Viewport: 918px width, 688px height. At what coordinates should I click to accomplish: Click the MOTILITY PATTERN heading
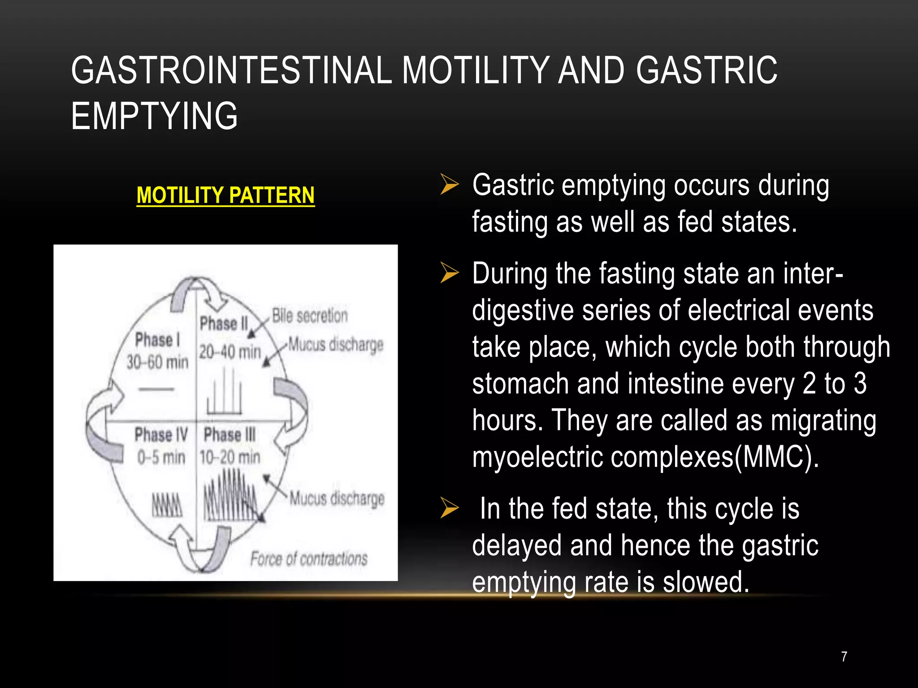(225, 195)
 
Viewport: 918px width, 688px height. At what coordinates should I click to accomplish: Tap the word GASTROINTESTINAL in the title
(231, 70)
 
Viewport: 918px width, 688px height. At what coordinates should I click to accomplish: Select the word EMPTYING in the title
(154, 116)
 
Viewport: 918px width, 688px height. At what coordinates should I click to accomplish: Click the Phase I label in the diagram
(157, 340)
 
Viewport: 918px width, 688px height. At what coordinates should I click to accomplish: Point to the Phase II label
(224, 323)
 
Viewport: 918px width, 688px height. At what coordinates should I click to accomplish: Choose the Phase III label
(229, 434)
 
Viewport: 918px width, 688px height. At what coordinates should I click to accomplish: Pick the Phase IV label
(161, 434)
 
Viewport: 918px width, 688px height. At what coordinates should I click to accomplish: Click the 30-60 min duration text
(157, 362)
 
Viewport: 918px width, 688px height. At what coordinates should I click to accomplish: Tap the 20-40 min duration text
(230, 352)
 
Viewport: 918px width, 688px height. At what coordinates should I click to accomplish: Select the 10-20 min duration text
(230, 457)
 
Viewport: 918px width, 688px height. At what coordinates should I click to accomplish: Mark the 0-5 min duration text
(161, 457)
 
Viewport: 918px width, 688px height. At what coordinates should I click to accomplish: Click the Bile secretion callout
(310, 316)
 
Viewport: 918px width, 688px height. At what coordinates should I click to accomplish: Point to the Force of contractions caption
(309, 559)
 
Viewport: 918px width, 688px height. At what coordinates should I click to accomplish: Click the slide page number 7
(844, 657)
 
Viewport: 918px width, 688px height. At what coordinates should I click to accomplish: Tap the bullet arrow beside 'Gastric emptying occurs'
(450, 185)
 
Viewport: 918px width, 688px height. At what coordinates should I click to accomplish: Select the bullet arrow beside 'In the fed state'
(450, 508)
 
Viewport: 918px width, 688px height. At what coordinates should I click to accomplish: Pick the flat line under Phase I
(156, 389)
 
